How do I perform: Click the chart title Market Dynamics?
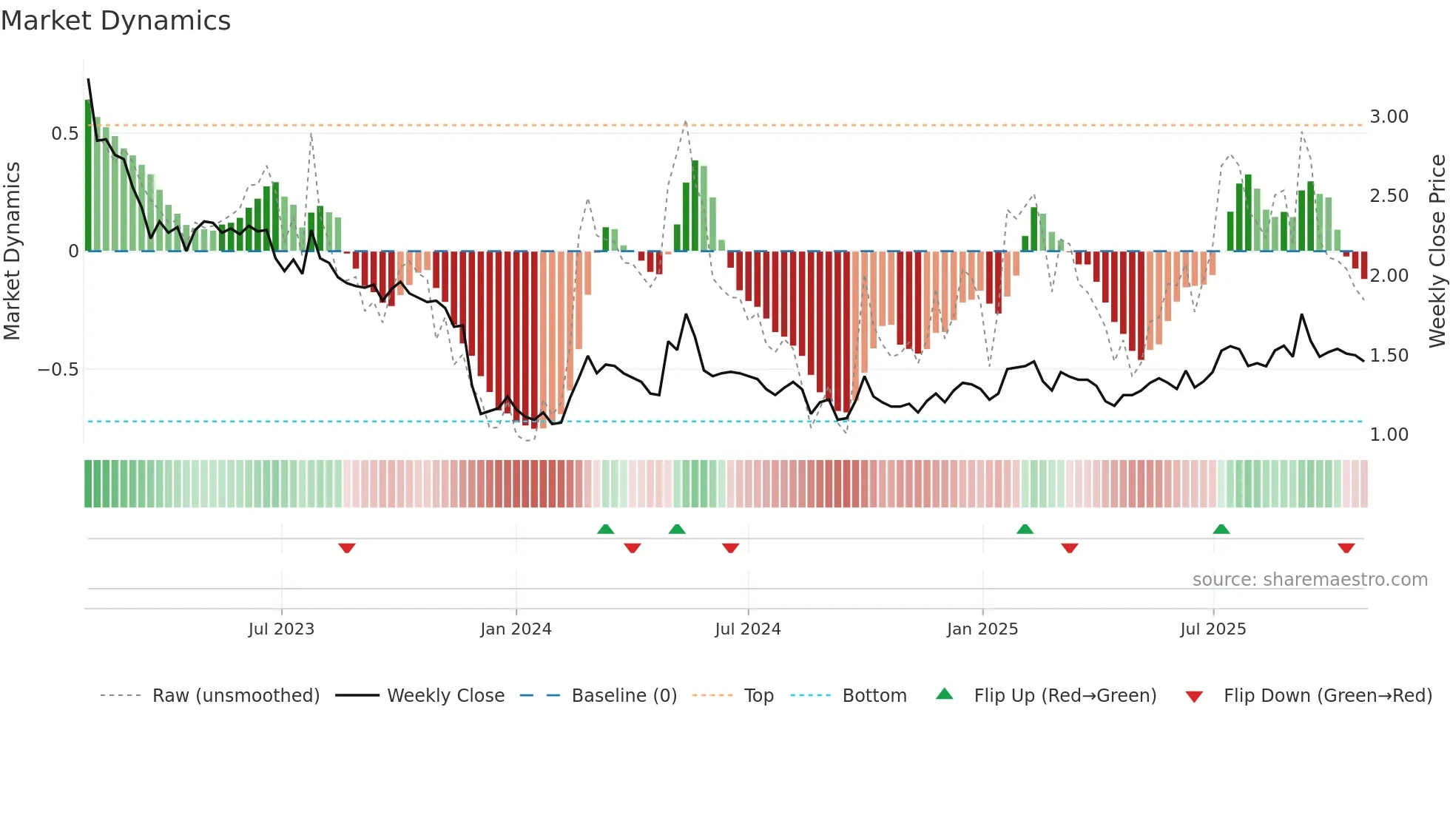click(115, 21)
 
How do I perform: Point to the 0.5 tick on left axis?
click(64, 134)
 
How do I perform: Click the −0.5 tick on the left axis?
click(58, 370)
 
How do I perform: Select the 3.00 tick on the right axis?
click(1389, 117)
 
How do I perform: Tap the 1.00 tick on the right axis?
click(1389, 435)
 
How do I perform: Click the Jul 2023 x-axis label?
click(281, 629)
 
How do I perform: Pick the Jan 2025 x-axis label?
click(982, 629)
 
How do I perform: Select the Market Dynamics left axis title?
click(12, 251)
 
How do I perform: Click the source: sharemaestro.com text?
click(1309, 580)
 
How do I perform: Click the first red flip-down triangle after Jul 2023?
click(347, 548)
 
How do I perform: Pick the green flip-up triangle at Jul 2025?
click(1221, 529)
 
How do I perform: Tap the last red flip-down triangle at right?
click(1346, 548)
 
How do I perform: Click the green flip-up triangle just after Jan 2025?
click(1025, 529)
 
